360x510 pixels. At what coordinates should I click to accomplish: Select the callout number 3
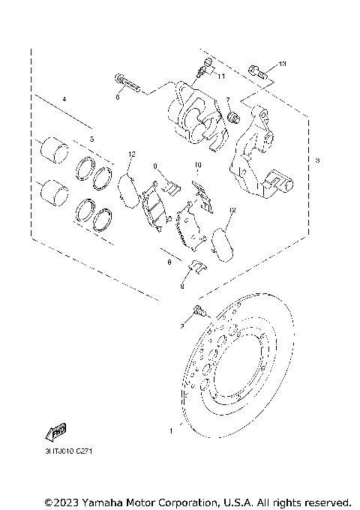pyautogui.click(x=317, y=161)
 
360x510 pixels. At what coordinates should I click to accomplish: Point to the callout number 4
pyautogui.click(x=64, y=100)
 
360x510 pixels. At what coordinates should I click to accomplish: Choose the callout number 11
pyautogui.click(x=221, y=76)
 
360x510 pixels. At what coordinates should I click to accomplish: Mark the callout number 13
pyautogui.click(x=282, y=64)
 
